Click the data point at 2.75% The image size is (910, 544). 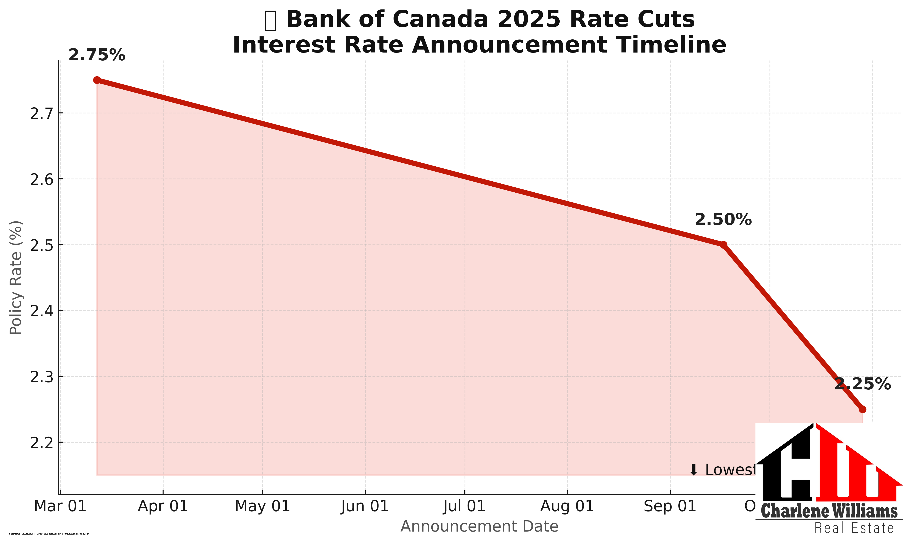click(97, 80)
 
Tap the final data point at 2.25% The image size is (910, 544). click(862, 409)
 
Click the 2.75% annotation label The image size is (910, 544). click(97, 55)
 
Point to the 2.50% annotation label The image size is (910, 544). click(723, 220)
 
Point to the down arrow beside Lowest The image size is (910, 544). click(693, 470)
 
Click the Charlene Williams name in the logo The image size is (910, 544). click(829, 511)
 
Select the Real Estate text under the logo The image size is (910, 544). click(854, 528)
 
